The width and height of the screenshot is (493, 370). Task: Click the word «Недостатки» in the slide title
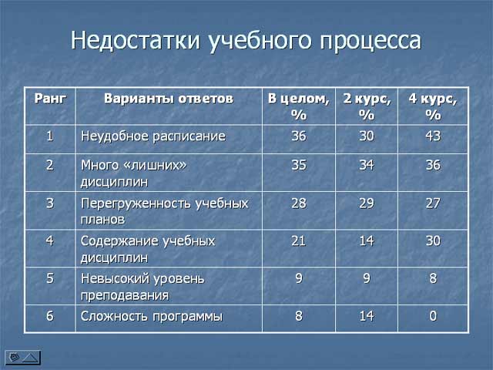136,41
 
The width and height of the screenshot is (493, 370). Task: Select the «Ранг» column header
50,99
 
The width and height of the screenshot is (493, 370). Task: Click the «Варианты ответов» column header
169,99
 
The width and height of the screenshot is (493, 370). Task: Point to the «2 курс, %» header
367,106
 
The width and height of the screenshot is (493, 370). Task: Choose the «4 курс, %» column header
433,106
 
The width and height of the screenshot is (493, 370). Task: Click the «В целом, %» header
298,106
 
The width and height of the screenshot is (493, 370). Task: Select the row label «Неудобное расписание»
153,136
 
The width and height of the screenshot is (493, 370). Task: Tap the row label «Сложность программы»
152,317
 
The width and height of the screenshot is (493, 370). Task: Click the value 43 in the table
433,136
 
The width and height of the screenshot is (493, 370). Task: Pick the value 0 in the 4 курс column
433,316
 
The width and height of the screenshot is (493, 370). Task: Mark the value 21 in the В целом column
298,241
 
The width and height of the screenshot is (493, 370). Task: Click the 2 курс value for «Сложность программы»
367,316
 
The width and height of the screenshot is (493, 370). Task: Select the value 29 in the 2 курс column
367,203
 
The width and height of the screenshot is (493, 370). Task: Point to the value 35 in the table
298,165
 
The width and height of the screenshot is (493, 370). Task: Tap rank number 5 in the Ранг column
49,278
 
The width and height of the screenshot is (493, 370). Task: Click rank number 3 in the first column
49,203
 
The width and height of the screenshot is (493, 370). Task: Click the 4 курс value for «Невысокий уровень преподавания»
433,278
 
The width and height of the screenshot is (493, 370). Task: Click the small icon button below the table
22,358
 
